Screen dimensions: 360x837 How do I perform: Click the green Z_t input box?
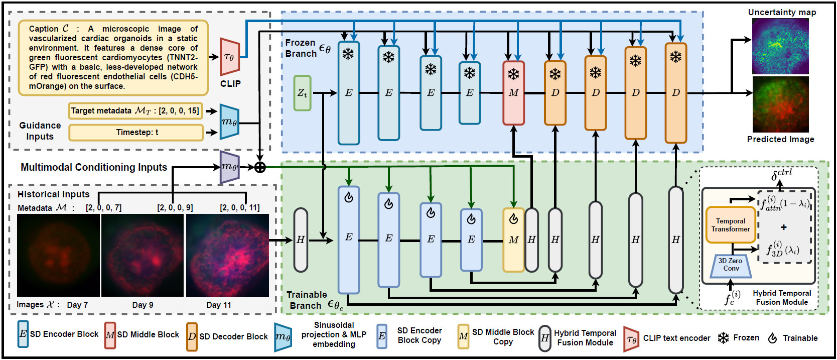(x=302, y=93)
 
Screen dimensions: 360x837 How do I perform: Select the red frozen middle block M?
(x=513, y=93)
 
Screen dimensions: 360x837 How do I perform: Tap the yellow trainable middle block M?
(x=513, y=240)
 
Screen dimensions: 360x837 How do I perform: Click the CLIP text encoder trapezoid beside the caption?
(x=229, y=57)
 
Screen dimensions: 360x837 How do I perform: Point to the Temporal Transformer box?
(x=730, y=225)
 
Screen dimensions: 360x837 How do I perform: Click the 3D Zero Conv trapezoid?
(x=731, y=265)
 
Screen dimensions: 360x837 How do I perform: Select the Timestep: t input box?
(x=136, y=133)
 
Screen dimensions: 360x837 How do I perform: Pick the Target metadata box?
(x=135, y=110)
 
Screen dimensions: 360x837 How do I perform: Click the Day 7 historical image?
(x=58, y=255)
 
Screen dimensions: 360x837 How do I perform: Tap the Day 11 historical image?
(x=227, y=255)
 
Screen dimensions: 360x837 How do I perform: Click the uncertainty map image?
(x=780, y=46)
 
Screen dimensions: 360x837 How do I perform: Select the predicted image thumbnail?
(x=780, y=104)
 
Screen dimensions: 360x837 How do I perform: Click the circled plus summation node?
(x=260, y=167)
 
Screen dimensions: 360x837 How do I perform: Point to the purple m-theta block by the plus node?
(x=229, y=167)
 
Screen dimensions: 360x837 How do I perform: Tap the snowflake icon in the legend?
(x=723, y=338)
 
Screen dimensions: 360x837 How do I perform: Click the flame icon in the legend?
(x=772, y=338)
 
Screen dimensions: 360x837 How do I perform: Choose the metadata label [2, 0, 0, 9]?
(x=175, y=207)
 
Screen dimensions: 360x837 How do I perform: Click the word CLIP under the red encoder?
(x=230, y=84)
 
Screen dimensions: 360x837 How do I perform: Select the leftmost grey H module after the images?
(x=301, y=240)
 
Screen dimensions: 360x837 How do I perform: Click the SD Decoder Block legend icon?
(x=192, y=336)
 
